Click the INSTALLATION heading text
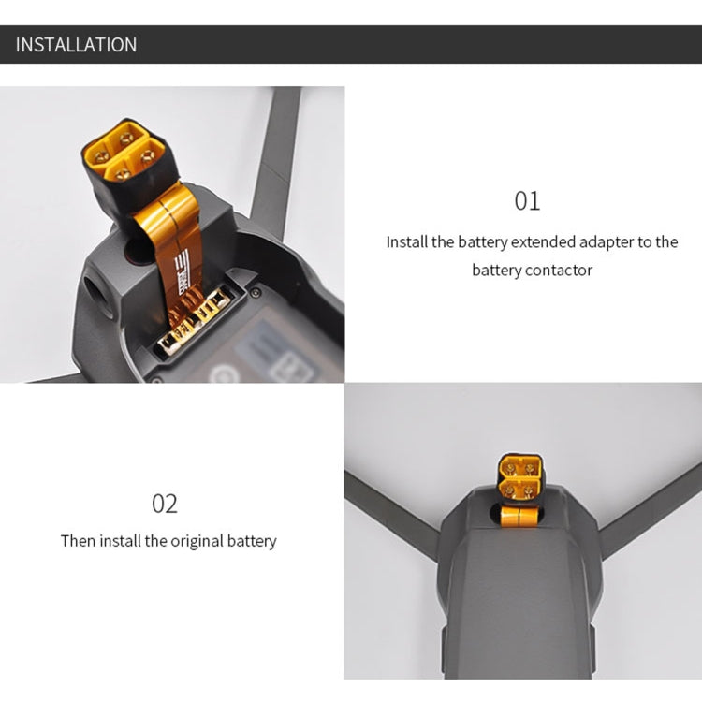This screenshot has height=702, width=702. click(x=76, y=45)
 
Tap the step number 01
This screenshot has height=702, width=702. click(x=527, y=201)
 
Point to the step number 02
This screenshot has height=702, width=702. click(x=165, y=504)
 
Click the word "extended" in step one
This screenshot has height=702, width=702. click(x=543, y=241)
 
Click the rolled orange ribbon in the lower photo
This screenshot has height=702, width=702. click(x=519, y=516)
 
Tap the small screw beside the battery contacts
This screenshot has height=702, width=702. click(x=256, y=293)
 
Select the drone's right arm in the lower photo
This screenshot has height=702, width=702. click(x=650, y=510)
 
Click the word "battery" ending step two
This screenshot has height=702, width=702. click(x=252, y=541)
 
